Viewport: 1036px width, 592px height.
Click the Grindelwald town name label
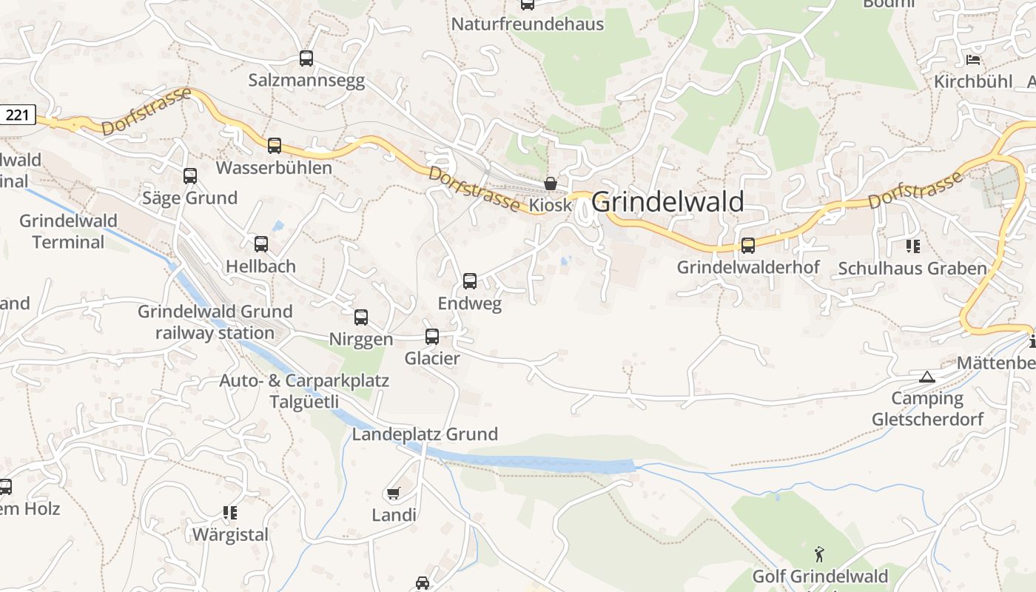click(667, 202)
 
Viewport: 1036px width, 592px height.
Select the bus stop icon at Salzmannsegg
click(306, 58)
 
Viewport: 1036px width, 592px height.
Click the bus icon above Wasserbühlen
click(275, 146)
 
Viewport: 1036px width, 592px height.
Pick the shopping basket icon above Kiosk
click(551, 184)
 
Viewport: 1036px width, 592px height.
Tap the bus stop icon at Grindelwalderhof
click(748, 246)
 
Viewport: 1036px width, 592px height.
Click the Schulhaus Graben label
click(912, 269)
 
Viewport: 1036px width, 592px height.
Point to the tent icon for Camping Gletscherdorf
click(926, 377)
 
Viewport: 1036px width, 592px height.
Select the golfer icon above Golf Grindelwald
click(819, 554)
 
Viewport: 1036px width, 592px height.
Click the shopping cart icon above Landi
click(394, 493)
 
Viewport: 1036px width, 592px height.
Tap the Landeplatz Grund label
click(425, 434)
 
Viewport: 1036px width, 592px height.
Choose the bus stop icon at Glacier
click(432, 337)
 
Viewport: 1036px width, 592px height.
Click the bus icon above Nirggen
click(361, 317)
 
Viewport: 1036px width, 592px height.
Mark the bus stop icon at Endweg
click(470, 281)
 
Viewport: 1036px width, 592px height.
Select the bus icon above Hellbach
click(261, 244)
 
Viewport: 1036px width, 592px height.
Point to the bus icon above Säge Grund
click(190, 176)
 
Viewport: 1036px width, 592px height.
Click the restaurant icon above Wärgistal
click(230, 512)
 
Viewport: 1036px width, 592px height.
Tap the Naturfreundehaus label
click(527, 24)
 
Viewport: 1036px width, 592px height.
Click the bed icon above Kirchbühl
click(973, 59)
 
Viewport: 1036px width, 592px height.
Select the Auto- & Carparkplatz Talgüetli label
click(304, 391)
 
